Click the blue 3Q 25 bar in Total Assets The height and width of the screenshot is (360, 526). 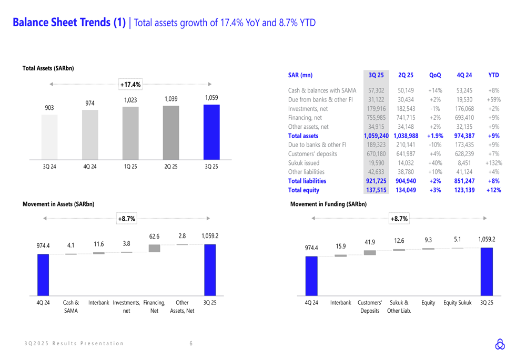[x=211, y=132]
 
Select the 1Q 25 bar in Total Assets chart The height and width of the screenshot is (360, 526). [x=130, y=133]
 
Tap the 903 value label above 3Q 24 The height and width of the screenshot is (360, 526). [x=49, y=108]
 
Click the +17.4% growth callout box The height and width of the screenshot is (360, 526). [x=130, y=84]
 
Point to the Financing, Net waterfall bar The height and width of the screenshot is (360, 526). [x=154, y=248]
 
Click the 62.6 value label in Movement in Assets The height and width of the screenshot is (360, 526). [x=154, y=236]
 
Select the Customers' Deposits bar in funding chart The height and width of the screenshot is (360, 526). [x=370, y=252]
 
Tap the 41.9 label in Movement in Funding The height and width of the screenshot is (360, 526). [x=370, y=242]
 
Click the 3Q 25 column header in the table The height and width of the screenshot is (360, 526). [x=376, y=75]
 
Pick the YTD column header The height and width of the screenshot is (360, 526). [x=493, y=75]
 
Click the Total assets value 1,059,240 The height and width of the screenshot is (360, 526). [x=376, y=136]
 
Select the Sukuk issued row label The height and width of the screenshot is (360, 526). [x=304, y=163]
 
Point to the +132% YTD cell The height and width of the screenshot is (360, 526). [x=493, y=163]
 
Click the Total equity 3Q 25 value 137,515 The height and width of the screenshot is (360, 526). [x=376, y=190]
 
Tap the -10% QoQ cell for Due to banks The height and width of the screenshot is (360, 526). [x=435, y=145]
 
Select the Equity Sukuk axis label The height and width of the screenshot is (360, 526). [x=457, y=303]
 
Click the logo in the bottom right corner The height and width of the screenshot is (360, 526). [x=500, y=344]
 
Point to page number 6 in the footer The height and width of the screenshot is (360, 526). [x=191, y=344]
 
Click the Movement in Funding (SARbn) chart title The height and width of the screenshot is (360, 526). [x=328, y=204]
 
